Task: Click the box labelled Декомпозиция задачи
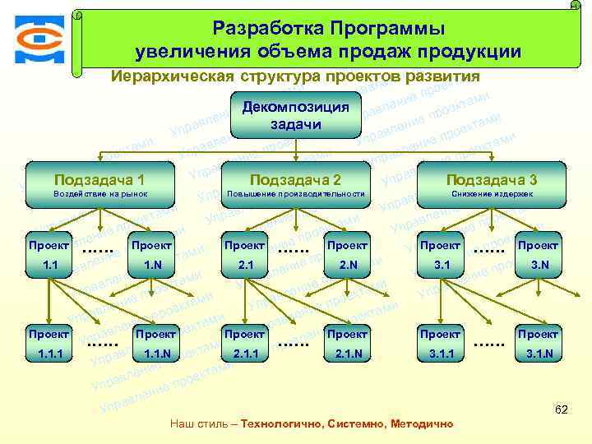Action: pos(296,116)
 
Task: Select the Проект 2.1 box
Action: pos(244,254)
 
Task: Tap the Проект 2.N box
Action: pos(347,254)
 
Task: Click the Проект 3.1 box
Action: pos(441,254)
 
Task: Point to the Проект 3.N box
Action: pos(539,254)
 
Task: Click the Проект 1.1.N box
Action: pos(156,344)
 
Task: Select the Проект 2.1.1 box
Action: pos(244,344)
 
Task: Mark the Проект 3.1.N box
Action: pos(539,344)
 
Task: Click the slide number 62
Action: pos(562,408)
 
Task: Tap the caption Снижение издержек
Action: pos(492,194)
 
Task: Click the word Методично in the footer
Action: pos(422,424)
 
